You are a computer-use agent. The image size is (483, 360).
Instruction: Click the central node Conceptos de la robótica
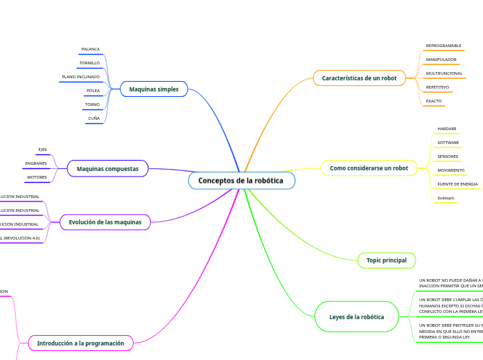point(241,181)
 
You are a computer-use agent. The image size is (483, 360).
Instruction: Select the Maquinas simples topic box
point(154,89)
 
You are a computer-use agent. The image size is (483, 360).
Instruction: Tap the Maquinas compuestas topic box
point(107,168)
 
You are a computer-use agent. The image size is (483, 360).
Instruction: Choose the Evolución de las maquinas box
point(105,222)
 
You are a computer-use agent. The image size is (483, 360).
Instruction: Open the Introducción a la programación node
point(80,343)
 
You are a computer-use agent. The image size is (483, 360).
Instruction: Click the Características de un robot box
point(359,78)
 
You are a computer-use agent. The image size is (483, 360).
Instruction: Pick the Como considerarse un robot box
point(369,168)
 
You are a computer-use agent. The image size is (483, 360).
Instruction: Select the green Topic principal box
point(387,260)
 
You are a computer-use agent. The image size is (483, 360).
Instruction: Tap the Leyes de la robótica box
point(357,316)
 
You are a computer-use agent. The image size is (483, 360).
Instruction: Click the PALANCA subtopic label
point(90,50)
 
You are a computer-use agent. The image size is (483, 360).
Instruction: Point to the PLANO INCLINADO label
point(80,77)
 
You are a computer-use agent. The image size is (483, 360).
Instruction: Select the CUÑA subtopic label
point(94,118)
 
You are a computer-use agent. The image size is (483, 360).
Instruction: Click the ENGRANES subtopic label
point(36,163)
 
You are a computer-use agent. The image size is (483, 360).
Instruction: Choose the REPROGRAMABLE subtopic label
point(444,46)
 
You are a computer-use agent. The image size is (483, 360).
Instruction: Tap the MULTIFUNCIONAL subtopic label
point(444,73)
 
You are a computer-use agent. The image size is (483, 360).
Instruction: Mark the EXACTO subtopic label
point(434,101)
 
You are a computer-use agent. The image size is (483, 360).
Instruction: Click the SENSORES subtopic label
point(448,156)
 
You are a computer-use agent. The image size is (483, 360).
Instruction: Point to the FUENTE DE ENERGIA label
point(457,184)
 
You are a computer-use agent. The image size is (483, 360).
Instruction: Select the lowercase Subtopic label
point(446,198)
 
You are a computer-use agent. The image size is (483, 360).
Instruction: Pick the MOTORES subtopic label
point(37,177)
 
